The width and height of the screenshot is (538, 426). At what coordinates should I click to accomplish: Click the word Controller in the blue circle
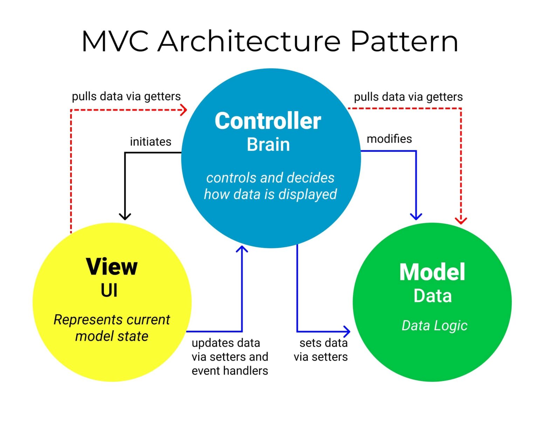(x=268, y=121)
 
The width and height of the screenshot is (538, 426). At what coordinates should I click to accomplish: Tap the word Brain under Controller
(x=268, y=144)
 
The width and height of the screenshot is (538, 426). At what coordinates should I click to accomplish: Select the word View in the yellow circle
(x=112, y=267)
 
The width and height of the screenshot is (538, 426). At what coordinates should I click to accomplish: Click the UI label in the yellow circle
(x=109, y=290)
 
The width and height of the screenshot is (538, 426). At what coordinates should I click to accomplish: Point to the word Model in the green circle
(x=432, y=272)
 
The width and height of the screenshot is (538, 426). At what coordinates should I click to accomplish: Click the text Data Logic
(x=434, y=325)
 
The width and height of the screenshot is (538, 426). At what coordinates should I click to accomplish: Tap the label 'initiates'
(x=151, y=142)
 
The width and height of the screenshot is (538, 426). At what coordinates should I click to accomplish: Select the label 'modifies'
(x=389, y=139)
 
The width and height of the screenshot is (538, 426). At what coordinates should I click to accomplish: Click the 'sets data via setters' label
(x=321, y=350)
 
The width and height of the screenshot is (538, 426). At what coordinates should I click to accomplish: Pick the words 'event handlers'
(x=230, y=371)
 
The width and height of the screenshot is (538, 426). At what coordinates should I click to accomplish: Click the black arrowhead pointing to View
(x=125, y=216)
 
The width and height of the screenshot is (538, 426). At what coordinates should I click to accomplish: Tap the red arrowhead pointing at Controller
(x=184, y=110)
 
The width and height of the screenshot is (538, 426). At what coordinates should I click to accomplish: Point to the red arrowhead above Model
(x=461, y=220)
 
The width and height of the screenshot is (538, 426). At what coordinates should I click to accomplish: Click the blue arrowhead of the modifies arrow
(x=416, y=216)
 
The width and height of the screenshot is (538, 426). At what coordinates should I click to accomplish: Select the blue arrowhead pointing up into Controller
(x=242, y=249)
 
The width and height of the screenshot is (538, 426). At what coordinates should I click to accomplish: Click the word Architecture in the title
(x=249, y=41)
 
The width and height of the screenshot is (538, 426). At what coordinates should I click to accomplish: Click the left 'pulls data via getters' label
(x=126, y=96)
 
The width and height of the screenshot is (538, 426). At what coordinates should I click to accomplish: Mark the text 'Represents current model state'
(x=112, y=328)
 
